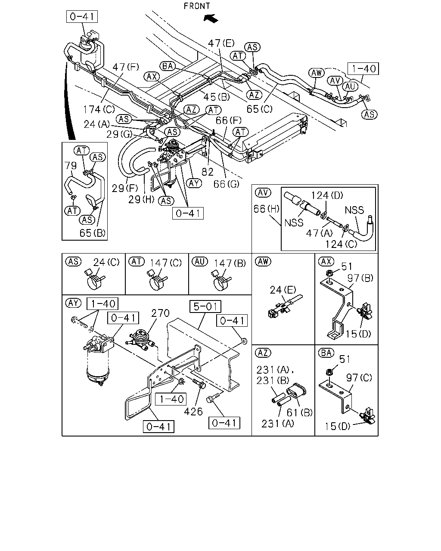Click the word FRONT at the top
click(196, 6)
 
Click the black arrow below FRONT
click(211, 19)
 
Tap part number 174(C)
click(99, 110)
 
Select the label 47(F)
click(126, 67)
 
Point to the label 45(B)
click(217, 97)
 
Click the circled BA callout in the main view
click(168, 66)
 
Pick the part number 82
click(207, 172)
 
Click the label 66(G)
click(226, 184)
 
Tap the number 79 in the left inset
click(71, 166)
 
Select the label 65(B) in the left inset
click(93, 233)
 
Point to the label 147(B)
click(230, 263)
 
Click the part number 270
click(160, 313)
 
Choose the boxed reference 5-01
click(205, 306)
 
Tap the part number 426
click(193, 412)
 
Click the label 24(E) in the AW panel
click(283, 290)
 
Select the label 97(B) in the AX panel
click(360, 278)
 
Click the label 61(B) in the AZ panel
click(300, 412)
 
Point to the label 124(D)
click(327, 195)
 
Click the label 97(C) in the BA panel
click(359, 378)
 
